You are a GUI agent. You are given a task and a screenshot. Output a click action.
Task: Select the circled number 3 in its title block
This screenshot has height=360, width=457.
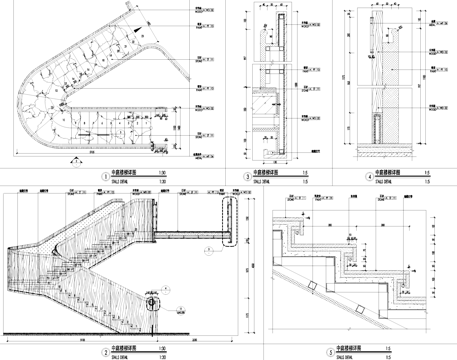[x=246, y=174]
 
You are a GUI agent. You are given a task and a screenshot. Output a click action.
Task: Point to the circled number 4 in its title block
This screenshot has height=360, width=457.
[x=343, y=174]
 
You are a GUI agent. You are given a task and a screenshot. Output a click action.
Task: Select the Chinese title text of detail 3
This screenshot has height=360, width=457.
[x=270, y=172]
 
